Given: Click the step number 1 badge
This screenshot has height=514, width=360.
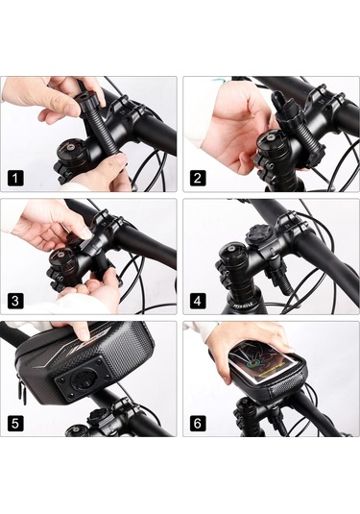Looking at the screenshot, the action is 15,179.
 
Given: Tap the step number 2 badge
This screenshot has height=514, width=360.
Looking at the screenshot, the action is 198,179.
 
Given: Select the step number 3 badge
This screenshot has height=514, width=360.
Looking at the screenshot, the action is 15,301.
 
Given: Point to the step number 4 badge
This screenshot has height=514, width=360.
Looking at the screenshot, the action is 198,301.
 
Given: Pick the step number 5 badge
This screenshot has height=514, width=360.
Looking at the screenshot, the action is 15,423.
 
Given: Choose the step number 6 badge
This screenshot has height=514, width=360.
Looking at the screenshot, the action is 198,423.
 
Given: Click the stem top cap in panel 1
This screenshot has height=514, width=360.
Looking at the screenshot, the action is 69,150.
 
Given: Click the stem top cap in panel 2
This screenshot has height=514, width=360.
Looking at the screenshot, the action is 271,141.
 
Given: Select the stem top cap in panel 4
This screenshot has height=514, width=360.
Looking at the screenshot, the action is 229,252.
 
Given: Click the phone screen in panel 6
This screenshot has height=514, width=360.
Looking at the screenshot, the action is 259,364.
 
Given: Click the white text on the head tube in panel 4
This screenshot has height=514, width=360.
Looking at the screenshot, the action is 244,305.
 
